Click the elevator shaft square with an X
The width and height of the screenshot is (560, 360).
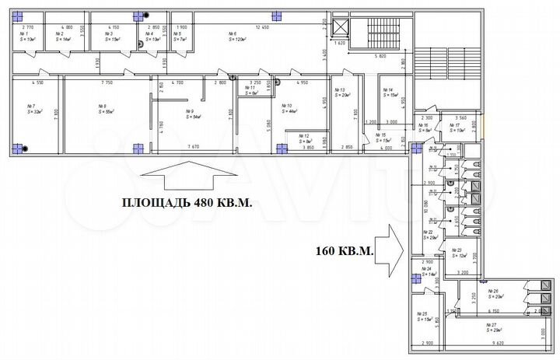(x=340, y=26)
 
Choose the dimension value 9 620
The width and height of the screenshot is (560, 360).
(x=495, y=342)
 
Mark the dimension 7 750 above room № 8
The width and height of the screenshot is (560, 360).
(x=108, y=82)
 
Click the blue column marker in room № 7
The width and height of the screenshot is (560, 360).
(x=21, y=145)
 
